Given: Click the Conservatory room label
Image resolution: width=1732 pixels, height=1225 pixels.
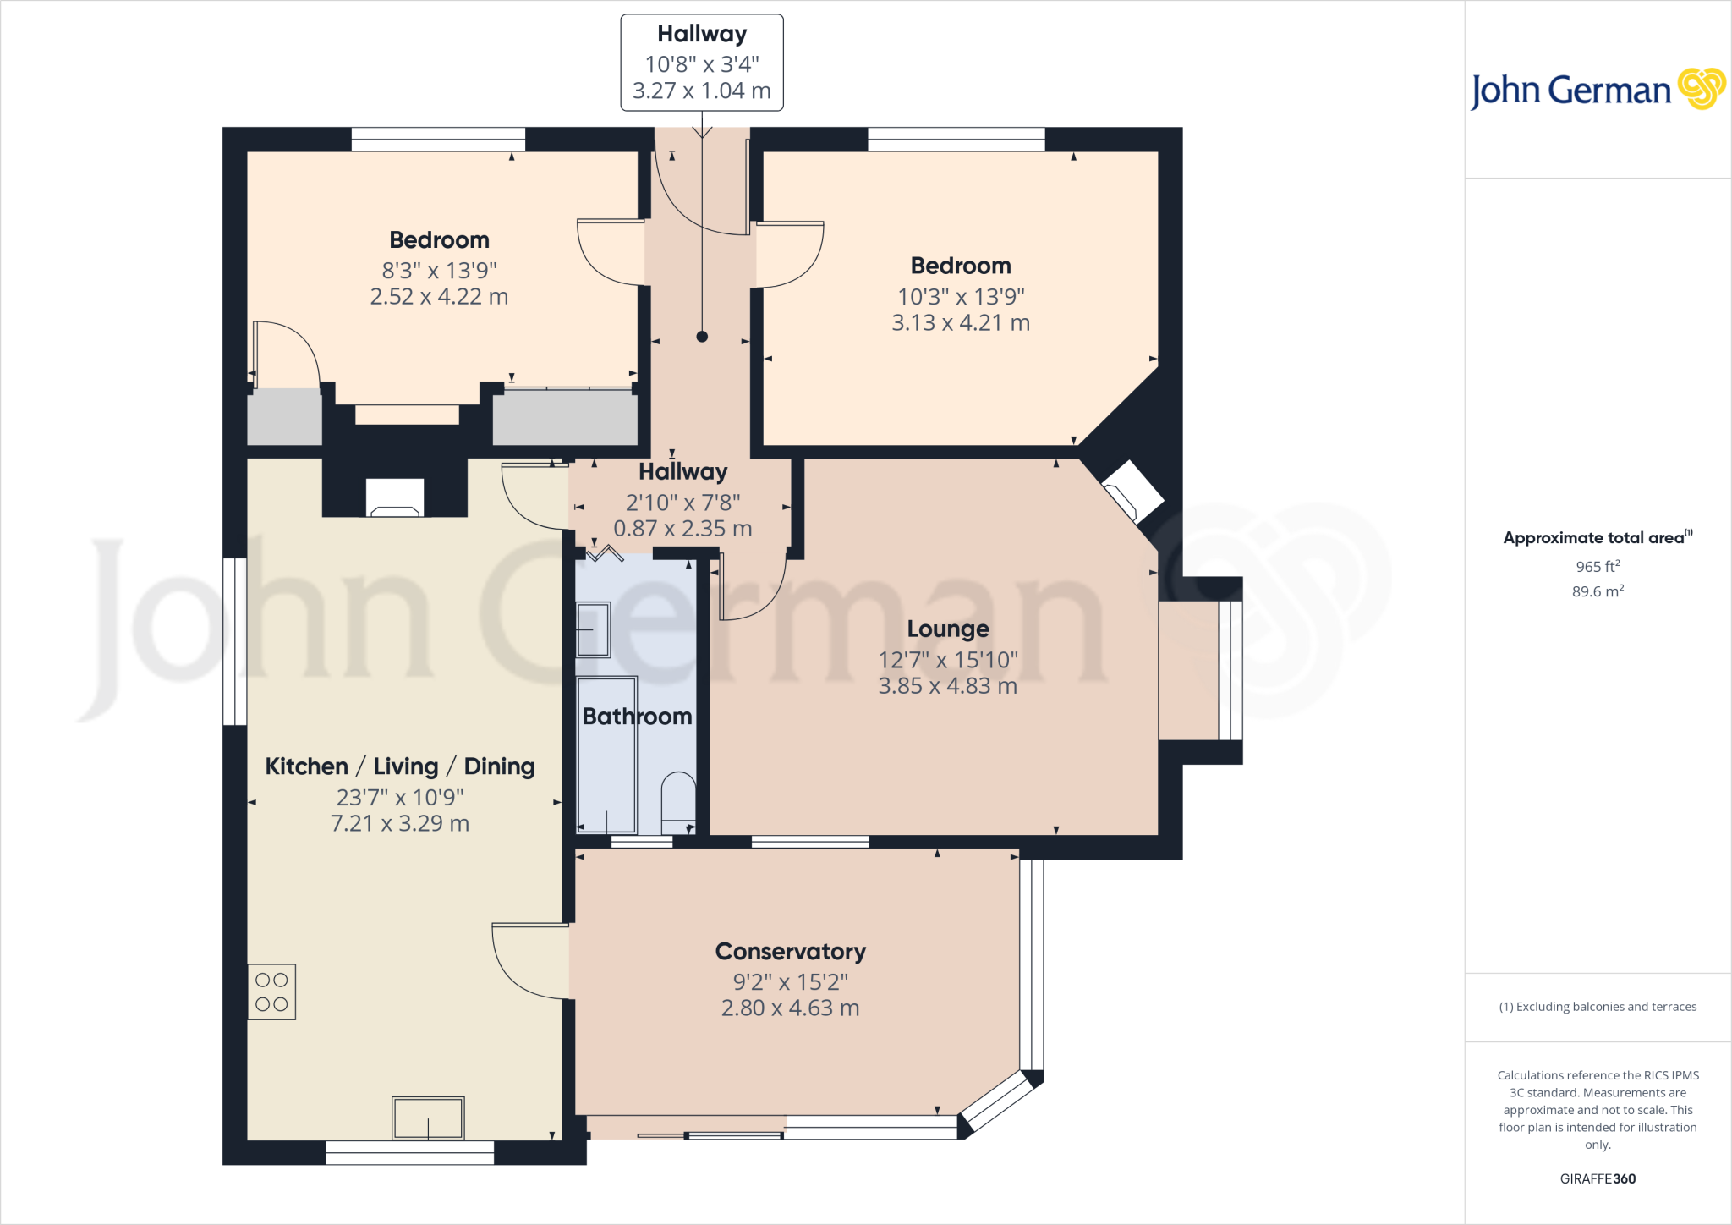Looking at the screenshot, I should (790, 951).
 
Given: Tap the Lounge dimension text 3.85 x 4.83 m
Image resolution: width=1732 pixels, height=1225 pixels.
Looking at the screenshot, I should (947, 685).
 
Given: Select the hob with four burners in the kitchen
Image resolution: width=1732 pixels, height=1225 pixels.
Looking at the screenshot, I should (271, 992).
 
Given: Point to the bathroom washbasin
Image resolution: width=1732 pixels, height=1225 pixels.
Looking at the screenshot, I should (593, 629).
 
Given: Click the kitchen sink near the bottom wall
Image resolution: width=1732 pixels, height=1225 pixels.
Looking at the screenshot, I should (428, 1118).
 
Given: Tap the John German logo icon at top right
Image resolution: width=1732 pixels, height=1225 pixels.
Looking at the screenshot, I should (1701, 89).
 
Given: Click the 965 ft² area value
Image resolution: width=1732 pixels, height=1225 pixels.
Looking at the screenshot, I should (1597, 566).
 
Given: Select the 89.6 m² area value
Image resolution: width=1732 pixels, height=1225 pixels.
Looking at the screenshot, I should (1597, 591).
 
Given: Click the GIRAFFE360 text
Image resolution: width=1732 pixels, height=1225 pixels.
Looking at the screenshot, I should (1597, 1178).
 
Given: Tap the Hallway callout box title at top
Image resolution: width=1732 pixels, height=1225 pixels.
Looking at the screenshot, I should (702, 34).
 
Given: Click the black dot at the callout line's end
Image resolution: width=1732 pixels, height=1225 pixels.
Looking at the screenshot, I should (702, 337).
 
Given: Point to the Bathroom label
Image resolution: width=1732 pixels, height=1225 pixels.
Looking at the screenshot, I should (637, 717).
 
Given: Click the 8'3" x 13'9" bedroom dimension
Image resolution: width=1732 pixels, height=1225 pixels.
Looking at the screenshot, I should (439, 271).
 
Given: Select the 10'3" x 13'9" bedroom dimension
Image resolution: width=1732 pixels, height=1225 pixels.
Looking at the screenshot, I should (961, 297).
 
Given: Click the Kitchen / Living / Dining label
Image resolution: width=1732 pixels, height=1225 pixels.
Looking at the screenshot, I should (399, 766).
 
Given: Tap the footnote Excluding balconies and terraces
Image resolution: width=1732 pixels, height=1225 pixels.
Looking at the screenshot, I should (1598, 1007).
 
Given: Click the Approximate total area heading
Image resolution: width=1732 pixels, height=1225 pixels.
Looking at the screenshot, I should (1593, 538).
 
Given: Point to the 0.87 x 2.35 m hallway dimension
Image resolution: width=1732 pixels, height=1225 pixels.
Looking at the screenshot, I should (682, 529).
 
